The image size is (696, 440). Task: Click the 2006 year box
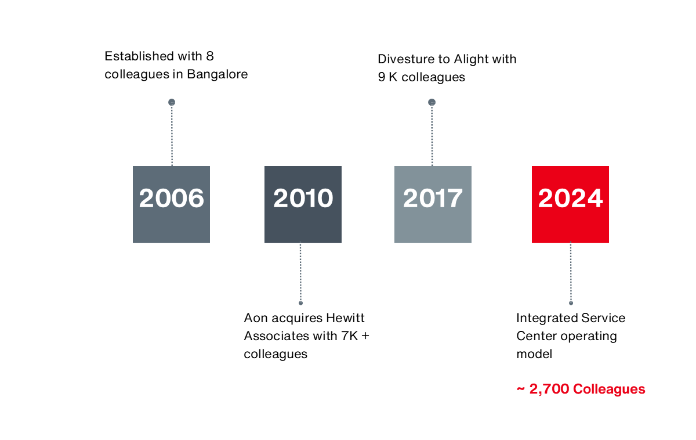(x=171, y=204)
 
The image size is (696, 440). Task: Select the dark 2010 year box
(x=303, y=204)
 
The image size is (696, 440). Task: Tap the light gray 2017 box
(x=433, y=204)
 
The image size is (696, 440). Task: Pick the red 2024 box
(x=570, y=204)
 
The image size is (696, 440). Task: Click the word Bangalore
(x=217, y=74)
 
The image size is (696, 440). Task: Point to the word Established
(x=139, y=56)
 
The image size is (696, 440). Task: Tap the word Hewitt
(x=345, y=318)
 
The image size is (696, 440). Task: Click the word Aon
(x=256, y=318)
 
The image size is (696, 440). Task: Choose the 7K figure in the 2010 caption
(x=350, y=336)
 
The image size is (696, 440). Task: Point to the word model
(x=534, y=354)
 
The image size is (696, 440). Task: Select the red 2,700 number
(x=549, y=389)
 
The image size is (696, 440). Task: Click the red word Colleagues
(x=609, y=389)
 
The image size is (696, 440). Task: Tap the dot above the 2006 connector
(x=172, y=102)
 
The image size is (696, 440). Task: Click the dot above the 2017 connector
(x=432, y=102)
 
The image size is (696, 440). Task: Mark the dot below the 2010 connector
(x=300, y=303)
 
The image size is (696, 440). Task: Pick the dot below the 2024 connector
(x=571, y=303)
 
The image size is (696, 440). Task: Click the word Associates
(x=277, y=336)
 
